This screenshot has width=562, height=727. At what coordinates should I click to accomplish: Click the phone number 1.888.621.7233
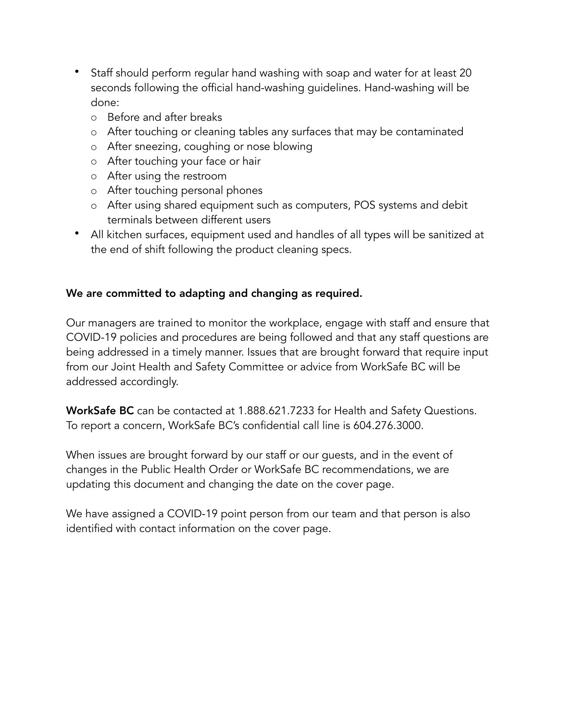click(x=276, y=411)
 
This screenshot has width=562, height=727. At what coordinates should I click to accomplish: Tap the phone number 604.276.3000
click(x=387, y=426)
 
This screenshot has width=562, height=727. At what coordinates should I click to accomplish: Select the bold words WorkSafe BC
click(x=100, y=411)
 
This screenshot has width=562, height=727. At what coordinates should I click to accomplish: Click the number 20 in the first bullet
click(x=465, y=73)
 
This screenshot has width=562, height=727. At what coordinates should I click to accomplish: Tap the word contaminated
click(x=429, y=132)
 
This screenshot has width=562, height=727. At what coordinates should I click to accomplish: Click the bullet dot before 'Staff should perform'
click(x=77, y=71)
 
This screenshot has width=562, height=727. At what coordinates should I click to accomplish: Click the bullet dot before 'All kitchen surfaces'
click(x=77, y=233)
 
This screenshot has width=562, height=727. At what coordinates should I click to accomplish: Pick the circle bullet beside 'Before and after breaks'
click(x=94, y=118)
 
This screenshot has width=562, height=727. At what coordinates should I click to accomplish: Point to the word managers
click(x=112, y=323)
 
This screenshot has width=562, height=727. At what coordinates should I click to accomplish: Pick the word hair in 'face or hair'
click(x=251, y=161)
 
